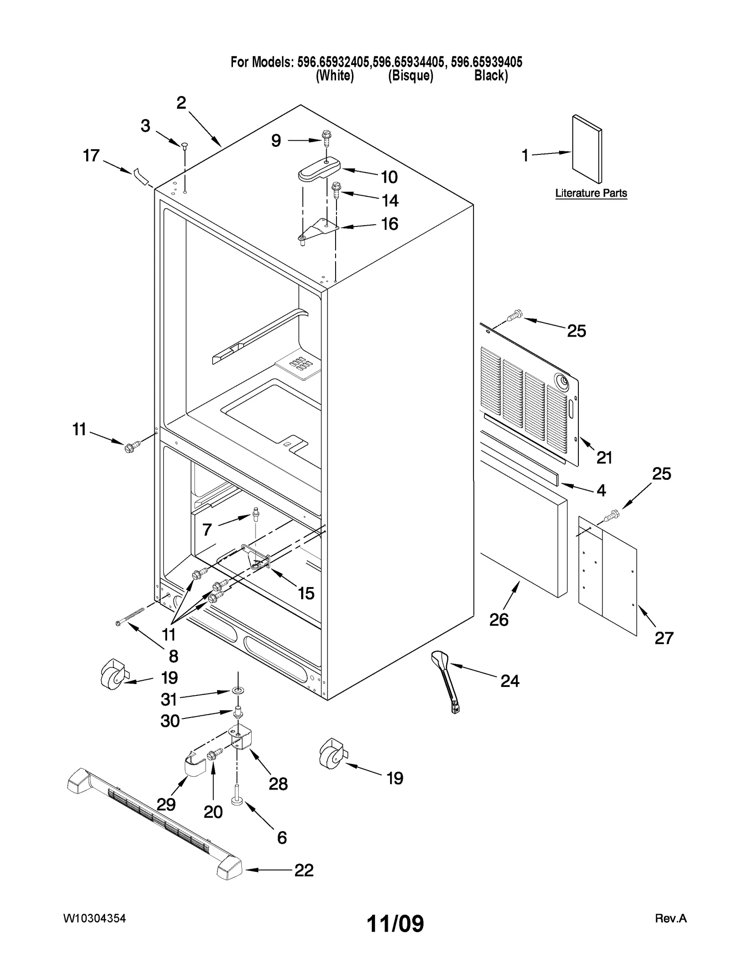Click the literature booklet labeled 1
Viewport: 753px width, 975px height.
coord(586,149)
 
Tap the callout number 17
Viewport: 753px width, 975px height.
coord(91,155)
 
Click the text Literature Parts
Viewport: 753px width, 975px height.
coord(591,193)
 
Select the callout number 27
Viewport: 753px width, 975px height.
coord(664,638)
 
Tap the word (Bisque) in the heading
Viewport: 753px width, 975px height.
coord(410,76)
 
